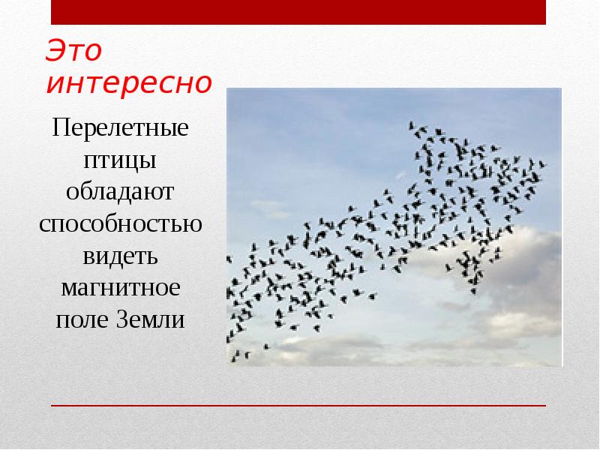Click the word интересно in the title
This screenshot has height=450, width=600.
(128, 84)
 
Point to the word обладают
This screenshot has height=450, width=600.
(120, 193)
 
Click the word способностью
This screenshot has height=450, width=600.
(120, 225)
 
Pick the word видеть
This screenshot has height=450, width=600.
(120, 256)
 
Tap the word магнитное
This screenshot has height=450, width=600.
(120, 288)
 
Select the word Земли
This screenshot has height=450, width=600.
(150, 319)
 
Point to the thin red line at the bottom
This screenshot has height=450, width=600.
(300, 406)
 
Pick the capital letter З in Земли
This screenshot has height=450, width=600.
(122, 319)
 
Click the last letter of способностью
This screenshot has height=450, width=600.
(194, 225)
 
